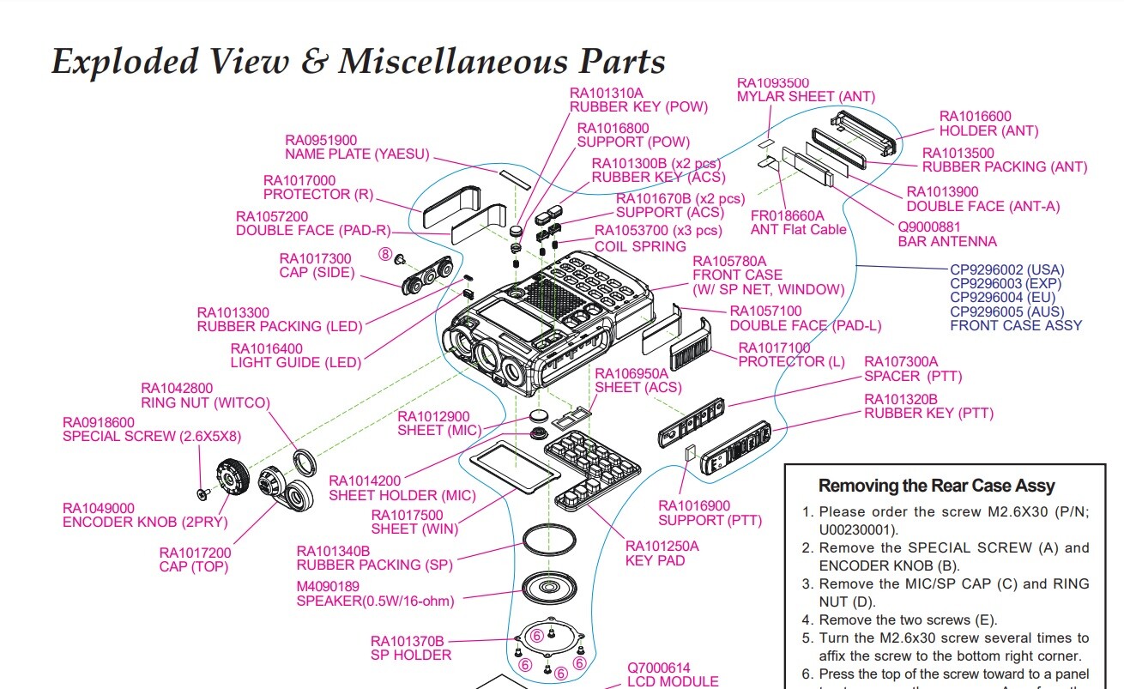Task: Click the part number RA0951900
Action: tap(321, 140)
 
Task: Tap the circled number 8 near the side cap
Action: tap(386, 255)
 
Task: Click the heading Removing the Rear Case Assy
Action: tap(937, 486)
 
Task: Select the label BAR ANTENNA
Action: tap(947, 241)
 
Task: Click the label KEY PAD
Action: tap(655, 560)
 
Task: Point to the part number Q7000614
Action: tap(658, 668)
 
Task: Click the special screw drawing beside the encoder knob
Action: tap(202, 493)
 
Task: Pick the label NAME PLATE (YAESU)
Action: tap(357, 154)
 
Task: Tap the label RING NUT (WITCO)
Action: tap(205, 402)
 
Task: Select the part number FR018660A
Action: tap(787, 215)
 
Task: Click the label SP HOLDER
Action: tap(410, 655)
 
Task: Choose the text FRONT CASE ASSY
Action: tap(1016, 326)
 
